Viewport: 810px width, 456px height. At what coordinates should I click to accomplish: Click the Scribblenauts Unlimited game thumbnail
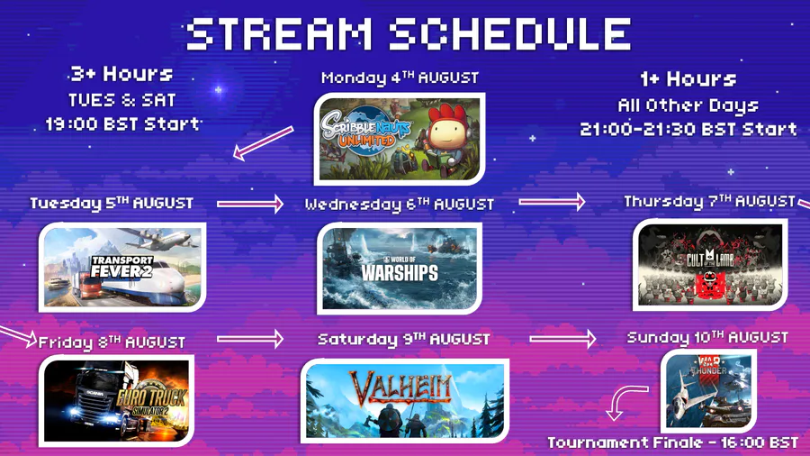[400, 139]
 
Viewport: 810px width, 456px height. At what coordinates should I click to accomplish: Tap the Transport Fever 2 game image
[122, 268]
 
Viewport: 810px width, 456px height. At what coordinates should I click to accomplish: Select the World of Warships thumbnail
[400, 269]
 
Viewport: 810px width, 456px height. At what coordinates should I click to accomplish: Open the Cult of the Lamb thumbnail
[710, 265]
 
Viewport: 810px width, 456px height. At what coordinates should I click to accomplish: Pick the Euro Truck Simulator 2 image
[117, 401]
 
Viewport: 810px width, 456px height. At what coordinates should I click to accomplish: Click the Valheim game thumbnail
[404, 401]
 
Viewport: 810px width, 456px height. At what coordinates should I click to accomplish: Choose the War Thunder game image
[709, 391]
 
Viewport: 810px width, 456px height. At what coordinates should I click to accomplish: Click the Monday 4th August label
[400, 78]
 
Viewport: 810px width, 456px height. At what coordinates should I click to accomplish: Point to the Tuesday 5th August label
[112, 203]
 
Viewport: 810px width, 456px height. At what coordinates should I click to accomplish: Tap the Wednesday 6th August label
[400, 205]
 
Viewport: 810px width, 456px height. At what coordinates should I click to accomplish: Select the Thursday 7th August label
[710, 201]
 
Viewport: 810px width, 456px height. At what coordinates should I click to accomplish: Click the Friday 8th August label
[112, 342]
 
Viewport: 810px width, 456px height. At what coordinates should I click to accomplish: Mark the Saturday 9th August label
[403, 339]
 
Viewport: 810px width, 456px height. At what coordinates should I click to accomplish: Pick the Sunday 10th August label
[707, 338]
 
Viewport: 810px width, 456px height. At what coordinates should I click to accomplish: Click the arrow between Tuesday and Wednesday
[250, 204]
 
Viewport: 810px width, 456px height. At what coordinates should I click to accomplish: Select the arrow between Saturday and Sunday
[562, 339]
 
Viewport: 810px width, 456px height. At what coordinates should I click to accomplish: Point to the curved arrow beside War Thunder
[623, 399]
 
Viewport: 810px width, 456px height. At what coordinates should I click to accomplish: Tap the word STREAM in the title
[280, 34]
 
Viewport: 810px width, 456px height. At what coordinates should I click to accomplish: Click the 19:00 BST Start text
[122, 124]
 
